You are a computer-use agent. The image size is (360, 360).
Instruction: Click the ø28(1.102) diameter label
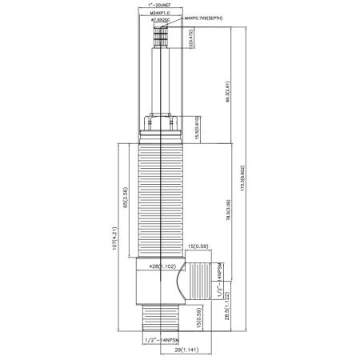161,266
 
